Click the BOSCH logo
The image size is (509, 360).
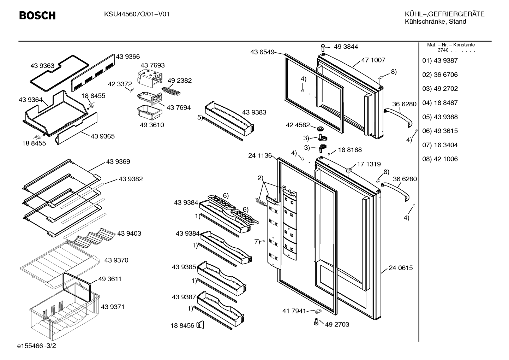(37, 16)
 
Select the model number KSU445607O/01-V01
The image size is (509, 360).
(137, 14)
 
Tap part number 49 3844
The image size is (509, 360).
(346, 47)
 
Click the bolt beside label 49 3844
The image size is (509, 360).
(323, 48)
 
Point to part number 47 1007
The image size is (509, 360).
(373, 60)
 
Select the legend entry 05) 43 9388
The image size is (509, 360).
(440, 117)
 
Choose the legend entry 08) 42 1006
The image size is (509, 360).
(440, 159)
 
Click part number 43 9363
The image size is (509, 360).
(42, 66)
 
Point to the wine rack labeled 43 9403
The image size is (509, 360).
(93, 238)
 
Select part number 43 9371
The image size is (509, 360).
(113, 307)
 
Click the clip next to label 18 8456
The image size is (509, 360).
(200, 325)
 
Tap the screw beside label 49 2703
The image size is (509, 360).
(316, 322)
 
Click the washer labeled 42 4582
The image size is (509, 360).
(321, 129)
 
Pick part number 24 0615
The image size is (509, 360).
(401, 268)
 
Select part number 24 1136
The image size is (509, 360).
(260, 155)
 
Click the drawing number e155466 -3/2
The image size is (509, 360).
(37, 346)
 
